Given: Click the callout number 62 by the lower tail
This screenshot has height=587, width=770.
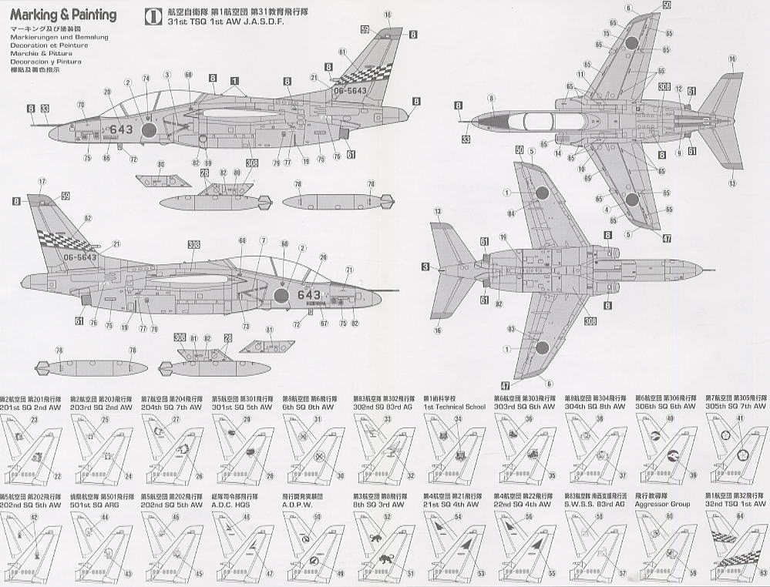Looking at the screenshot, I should click(x=87, y=218).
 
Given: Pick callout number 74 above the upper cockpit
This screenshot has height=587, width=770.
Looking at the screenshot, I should click(x=146, y=79).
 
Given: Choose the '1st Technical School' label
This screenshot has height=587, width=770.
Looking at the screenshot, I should click(x=455, y=406).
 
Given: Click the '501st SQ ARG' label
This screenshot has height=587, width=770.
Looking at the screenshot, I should click(x=96, y=503).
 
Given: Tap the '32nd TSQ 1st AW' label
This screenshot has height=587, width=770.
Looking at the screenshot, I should click(x=735, y=503).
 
